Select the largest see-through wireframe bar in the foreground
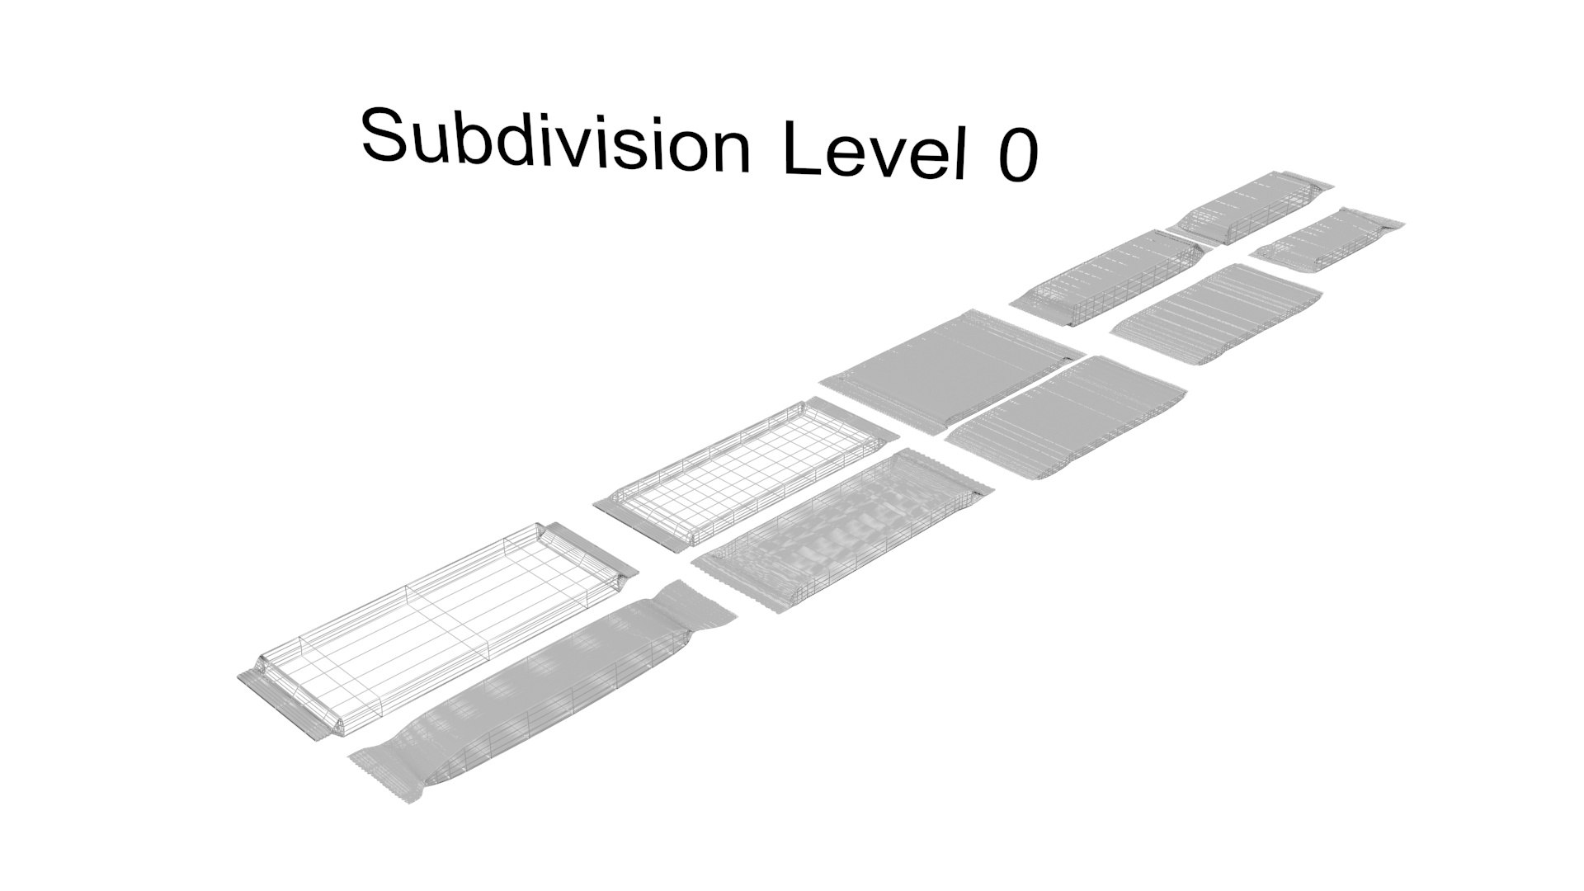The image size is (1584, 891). point(437,631)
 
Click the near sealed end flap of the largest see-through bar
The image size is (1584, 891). point(276,704)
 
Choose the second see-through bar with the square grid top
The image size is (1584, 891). point(747,474)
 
